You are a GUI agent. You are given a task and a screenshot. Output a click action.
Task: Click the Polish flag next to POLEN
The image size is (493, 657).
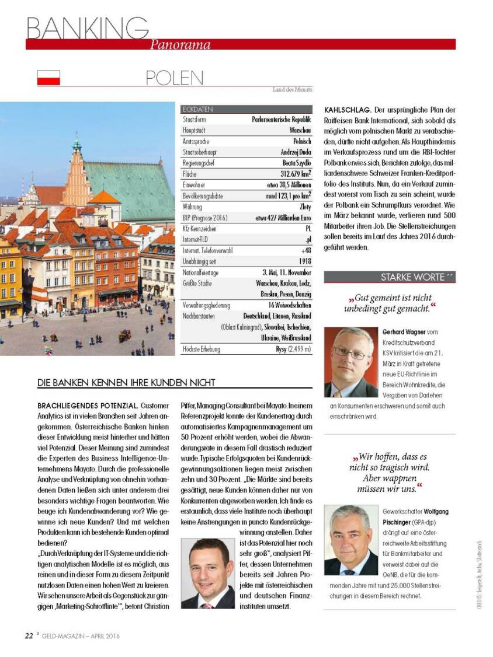48,78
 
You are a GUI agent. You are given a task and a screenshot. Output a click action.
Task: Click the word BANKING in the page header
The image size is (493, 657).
87,27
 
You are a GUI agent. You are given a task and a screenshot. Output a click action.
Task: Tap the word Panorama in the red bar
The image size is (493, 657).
180,44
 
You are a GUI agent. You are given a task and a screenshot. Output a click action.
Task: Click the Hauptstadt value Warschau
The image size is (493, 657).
300,130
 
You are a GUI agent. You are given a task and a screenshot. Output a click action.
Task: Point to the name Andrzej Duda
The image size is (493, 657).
293,152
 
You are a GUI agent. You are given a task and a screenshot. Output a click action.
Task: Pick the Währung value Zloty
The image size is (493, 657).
305,207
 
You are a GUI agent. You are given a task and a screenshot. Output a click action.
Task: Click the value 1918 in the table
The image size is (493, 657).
304,261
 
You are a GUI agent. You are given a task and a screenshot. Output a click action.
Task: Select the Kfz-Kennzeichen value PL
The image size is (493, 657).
307,229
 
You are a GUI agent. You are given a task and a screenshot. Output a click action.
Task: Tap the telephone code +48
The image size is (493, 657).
305,250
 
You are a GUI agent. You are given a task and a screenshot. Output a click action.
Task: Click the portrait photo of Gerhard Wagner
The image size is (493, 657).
350,362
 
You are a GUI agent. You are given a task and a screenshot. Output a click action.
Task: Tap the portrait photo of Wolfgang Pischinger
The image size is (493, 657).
350,540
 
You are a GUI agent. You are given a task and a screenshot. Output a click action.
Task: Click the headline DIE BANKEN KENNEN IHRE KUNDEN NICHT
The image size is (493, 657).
126,383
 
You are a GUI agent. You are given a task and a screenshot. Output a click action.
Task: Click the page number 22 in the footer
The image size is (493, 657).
29,635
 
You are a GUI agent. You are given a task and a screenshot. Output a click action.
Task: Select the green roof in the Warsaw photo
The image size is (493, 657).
126,181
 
